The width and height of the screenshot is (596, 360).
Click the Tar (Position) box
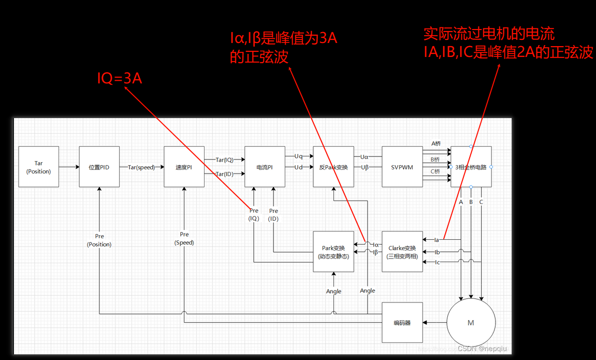[x=38, y=167]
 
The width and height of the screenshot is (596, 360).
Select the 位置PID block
[x=99, y=167]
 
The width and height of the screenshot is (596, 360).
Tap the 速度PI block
[x=184, y=167]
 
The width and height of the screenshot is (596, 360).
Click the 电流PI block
[x=265, y=167]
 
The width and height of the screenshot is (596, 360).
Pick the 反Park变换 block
[x=333, y=167]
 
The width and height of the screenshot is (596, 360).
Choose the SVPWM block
[x=402, y=167]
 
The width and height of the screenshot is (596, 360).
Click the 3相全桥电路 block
[x=471, y=167]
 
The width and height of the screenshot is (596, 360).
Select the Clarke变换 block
[x=402, y=252]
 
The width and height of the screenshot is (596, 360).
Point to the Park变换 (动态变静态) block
[x=333, y=252]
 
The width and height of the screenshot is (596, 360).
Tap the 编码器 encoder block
[x=402, y=323]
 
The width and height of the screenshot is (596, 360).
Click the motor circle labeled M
[x=471, y=323]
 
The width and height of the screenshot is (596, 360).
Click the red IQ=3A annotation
[x=120, y=78]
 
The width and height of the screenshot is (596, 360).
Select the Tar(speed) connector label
[x=141, y=167]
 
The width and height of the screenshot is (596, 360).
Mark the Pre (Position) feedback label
[x=99, y=240]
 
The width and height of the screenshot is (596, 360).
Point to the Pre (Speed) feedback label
[x=184, y=238]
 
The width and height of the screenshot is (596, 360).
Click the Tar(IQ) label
[x=224, y=160]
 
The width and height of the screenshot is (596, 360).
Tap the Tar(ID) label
[x=224, y=174]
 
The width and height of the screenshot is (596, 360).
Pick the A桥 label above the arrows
[x=435, y=143]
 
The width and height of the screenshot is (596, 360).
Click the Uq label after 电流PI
[x=299, y=156]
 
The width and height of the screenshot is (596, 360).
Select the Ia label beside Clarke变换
[x=437, y=240]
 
